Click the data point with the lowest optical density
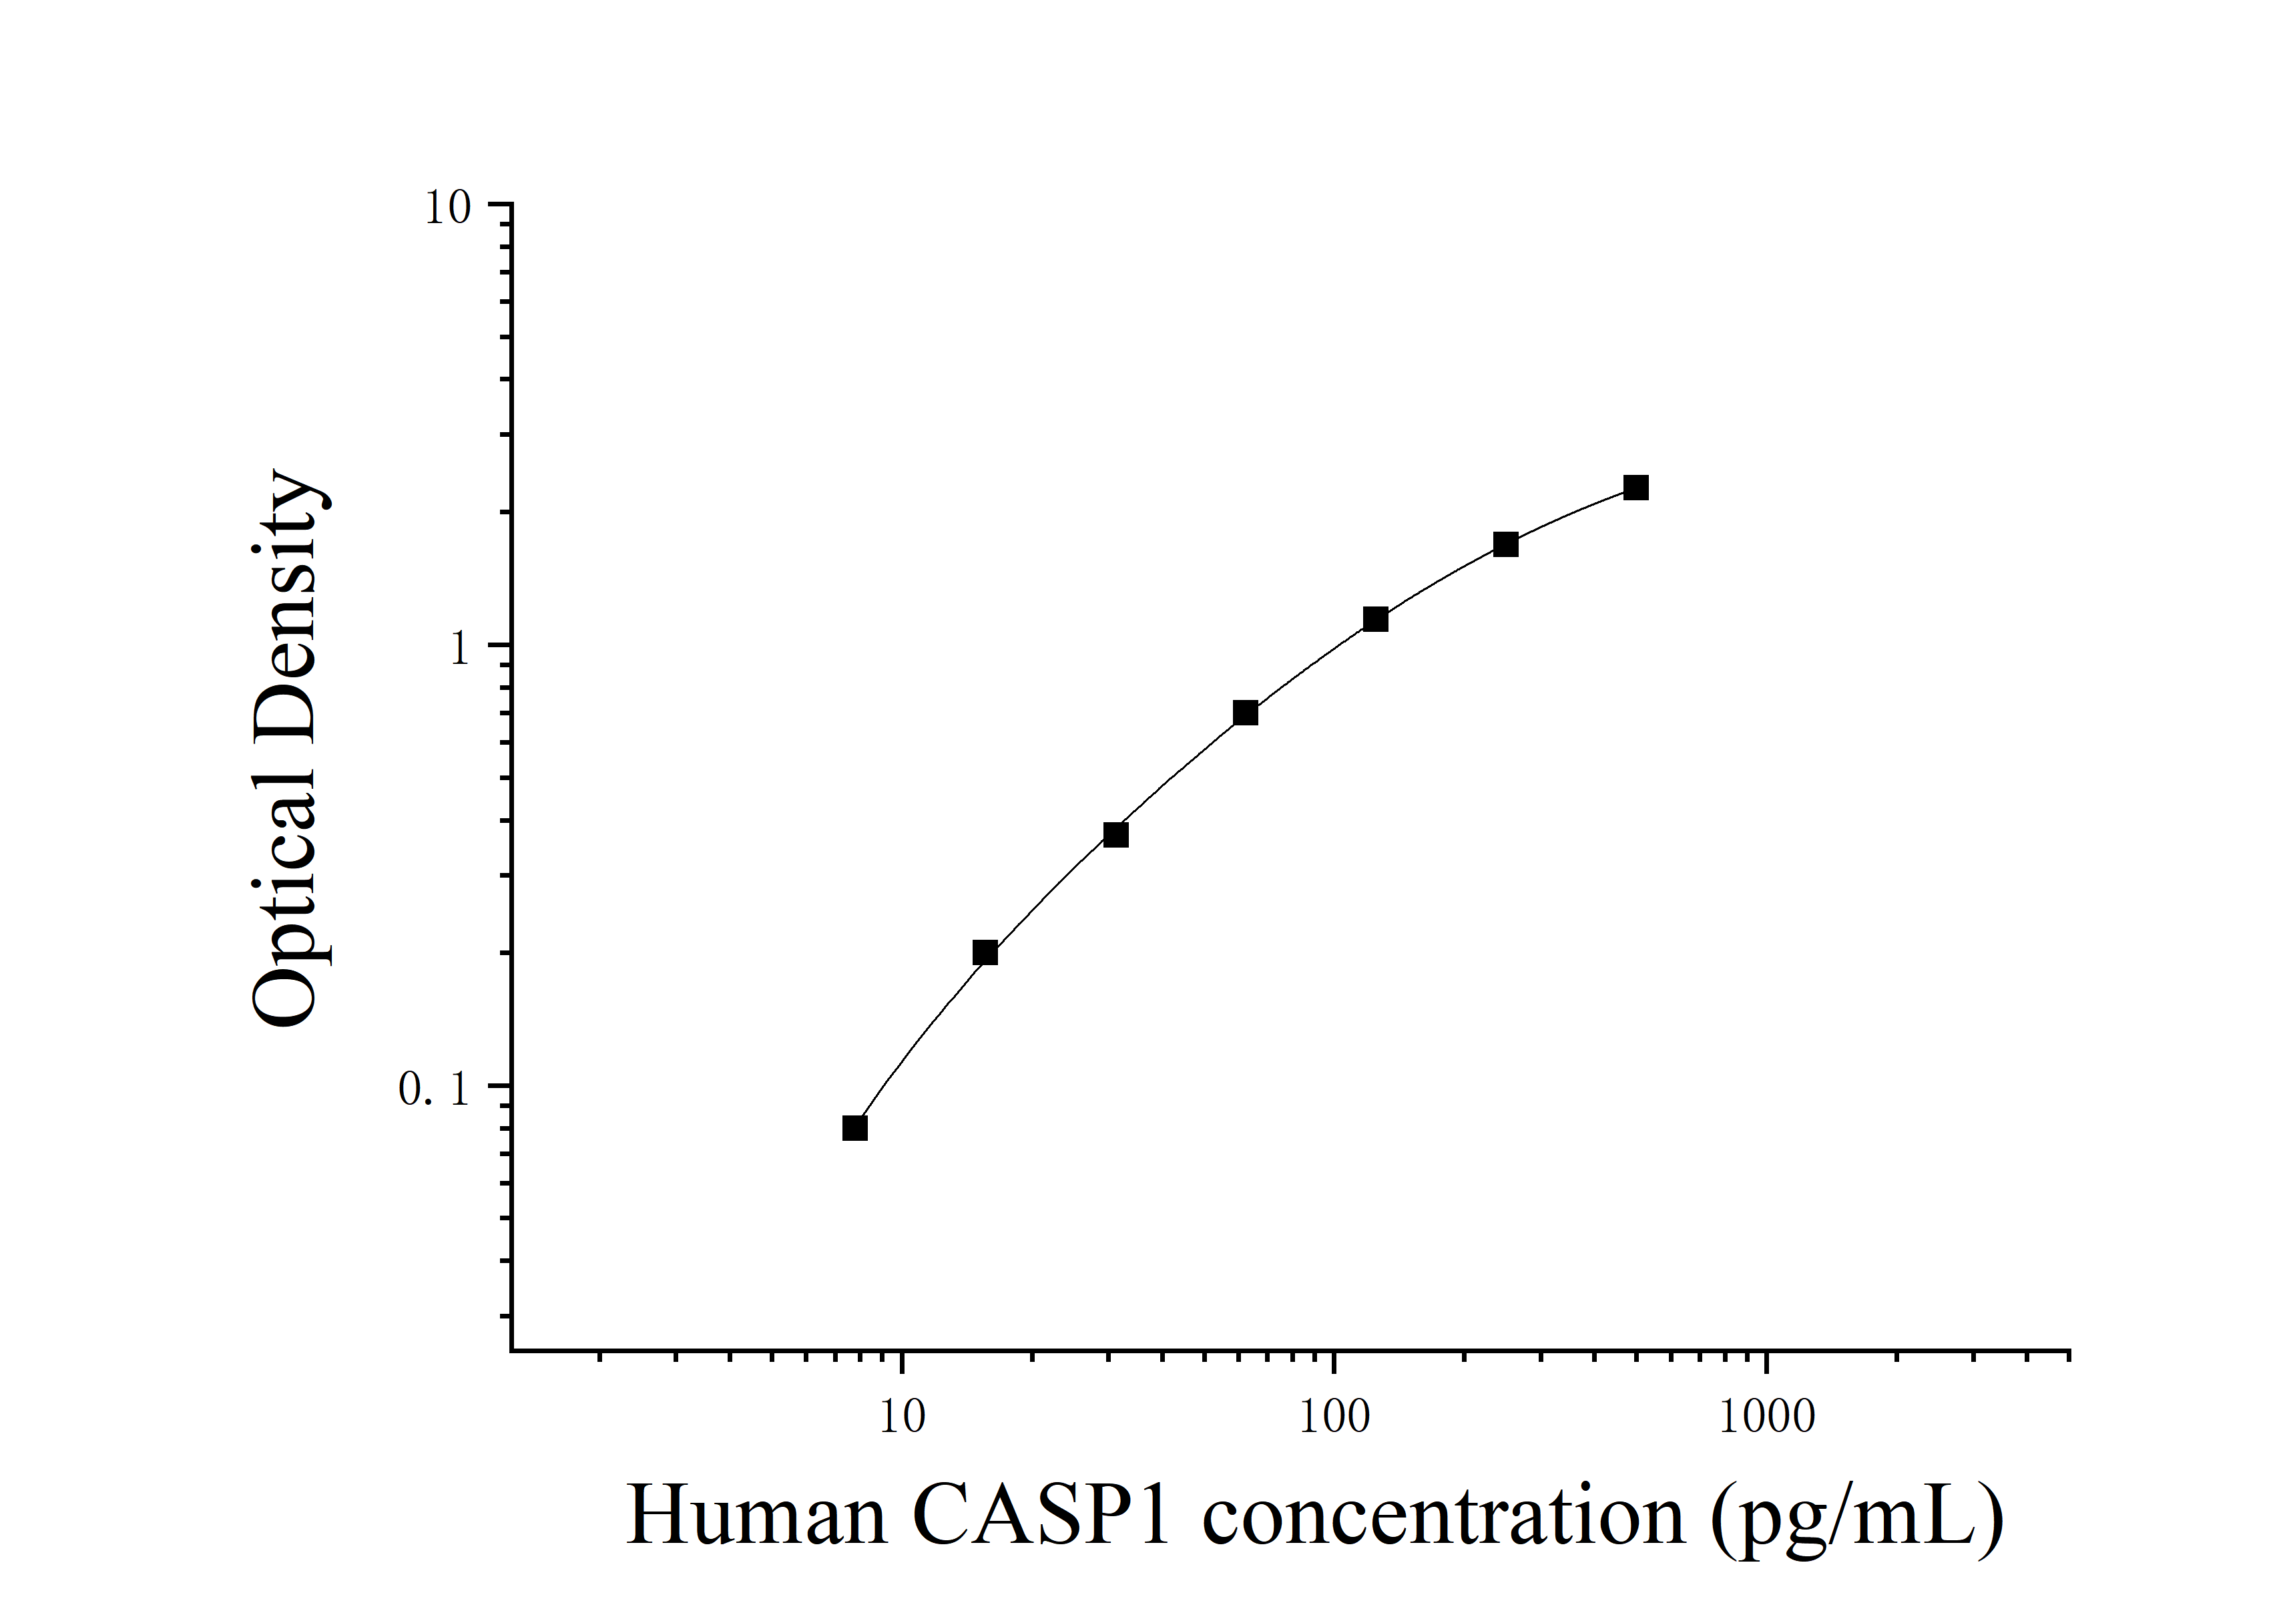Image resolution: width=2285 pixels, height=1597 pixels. coord(855,1128)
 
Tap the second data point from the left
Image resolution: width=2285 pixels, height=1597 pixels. coord(985,953)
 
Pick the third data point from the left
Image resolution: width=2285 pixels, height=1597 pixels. coord(1115,834)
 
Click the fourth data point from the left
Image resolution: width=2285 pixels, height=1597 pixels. coord(1245,713)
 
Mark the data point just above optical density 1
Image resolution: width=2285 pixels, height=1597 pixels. coord(1375,619)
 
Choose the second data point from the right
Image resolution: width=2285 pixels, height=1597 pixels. coord(1506,544)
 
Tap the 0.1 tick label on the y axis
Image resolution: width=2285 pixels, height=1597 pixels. coord(433,1090)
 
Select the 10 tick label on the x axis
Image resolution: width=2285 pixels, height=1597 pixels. coord(903,1417)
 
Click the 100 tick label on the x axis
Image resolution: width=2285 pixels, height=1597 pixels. coord(1334,1417)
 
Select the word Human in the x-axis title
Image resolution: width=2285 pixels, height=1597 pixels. coord(756,1516)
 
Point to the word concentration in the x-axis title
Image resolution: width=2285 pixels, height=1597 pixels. coord(1444,1516)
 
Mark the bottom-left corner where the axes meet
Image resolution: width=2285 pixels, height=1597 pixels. coord(511,1351)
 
